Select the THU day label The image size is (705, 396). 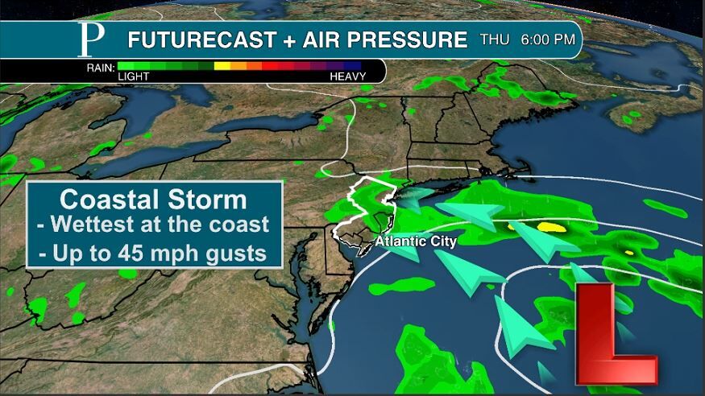[x=495, y=39]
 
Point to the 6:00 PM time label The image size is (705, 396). [x=548, y=39]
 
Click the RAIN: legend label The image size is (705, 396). [x=101, y=67]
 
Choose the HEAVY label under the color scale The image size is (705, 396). [x=347, y=76]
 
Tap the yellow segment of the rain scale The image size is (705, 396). [x=222, y=66]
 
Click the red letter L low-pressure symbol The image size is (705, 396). [x=616, y=333]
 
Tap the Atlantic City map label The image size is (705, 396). [x=415, y=241]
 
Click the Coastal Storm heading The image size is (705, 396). [x=153, y=200]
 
